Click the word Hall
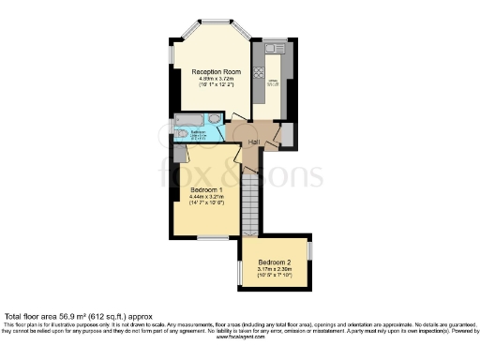(253, 141)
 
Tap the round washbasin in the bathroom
(216, 120)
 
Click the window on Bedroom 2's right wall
(311, 253)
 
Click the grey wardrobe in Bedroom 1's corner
(180, 156)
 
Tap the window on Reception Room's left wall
(172, 55)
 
